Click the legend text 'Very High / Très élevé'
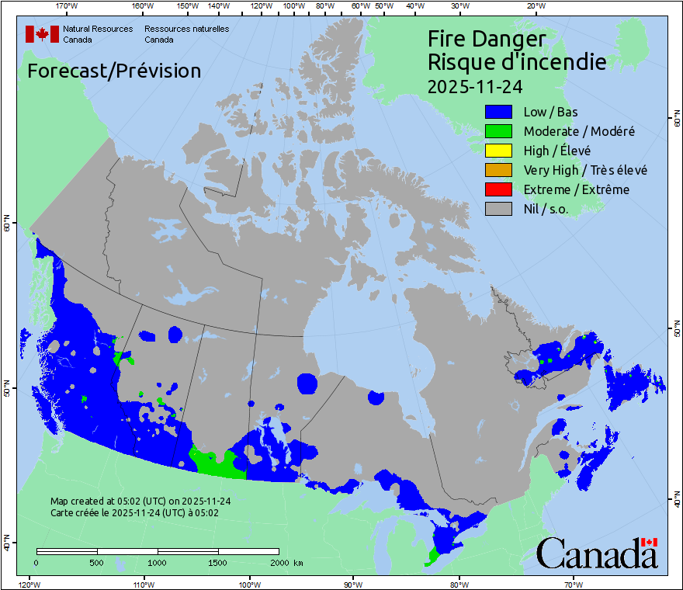pos(585,170)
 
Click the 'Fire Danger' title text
pos(487,39)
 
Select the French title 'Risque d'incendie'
pos(517,61)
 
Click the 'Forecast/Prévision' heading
pos(114,71)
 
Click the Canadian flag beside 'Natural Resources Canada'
pos(42,33)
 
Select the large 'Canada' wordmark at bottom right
pos(597,553)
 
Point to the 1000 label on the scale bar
pos(158,562)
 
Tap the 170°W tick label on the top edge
pos(68,6)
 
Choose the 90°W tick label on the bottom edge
pos(353,584)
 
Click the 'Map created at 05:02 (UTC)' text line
pos(140,501)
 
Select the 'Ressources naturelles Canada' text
pos(186,33)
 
